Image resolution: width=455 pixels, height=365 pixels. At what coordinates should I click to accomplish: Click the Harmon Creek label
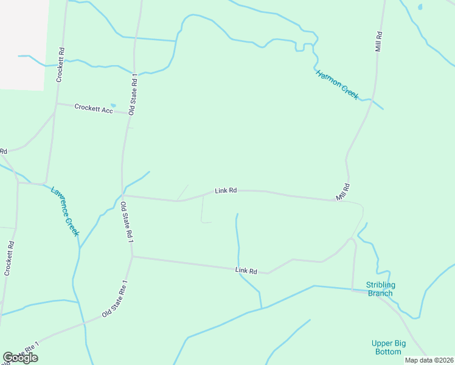tap(337, 85)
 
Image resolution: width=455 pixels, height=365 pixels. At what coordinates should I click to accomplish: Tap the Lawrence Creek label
tap(65, 211)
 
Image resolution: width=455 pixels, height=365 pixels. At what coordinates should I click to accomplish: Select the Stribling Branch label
tap(381, 289)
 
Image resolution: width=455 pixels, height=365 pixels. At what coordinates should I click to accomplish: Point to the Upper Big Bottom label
tap(387, 347)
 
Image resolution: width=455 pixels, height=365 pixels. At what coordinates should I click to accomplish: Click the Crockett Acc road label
tap(95, 108)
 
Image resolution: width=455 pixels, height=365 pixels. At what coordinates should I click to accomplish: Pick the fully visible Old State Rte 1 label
tap(115, 298)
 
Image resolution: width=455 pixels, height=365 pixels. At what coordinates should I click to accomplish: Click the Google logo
tap(20, 358)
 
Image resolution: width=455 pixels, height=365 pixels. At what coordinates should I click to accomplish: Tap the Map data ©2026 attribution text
tap(429, 360)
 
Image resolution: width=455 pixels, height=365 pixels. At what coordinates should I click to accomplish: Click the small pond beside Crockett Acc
tap(113, 105)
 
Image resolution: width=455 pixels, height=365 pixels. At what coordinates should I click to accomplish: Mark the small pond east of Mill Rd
tap(419, 7)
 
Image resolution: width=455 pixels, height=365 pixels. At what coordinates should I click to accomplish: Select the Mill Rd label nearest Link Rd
tap(343, 192)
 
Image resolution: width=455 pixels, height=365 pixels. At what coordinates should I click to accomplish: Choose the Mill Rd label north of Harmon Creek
tap(378, 41)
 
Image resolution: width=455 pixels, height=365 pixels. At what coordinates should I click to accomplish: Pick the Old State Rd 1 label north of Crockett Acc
tap(133, 94)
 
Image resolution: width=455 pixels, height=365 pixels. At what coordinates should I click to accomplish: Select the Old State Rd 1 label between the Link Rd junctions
tap(126, 223)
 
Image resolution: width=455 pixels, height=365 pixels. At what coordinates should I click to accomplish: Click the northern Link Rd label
tap(226, 190)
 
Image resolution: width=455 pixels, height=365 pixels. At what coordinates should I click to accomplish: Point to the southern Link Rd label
tap(246, 271)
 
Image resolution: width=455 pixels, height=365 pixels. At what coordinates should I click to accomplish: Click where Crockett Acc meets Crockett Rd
tap(56, 103)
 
